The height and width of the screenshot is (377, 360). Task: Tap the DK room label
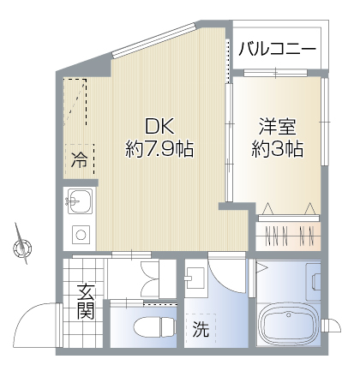coord(159,126)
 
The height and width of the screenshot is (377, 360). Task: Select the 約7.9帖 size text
coord(159,148)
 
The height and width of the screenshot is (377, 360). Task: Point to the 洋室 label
coord(277,127)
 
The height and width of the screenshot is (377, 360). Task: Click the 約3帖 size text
coord(277,148)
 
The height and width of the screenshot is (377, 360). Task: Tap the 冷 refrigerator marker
coord(79,159)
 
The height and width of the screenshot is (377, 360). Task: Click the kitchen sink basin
coord(80,200)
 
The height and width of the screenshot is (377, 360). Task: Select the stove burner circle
coord(81,235)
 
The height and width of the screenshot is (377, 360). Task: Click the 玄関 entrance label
coord(86,302)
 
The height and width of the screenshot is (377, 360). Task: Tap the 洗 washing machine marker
coord(201,329)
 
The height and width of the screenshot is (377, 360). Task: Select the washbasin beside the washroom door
coord(195,278)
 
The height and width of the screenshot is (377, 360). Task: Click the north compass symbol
coord(22,245)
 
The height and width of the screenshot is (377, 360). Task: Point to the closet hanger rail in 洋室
coord(289,218)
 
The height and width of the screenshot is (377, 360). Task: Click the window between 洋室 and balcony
coord(275,73)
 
